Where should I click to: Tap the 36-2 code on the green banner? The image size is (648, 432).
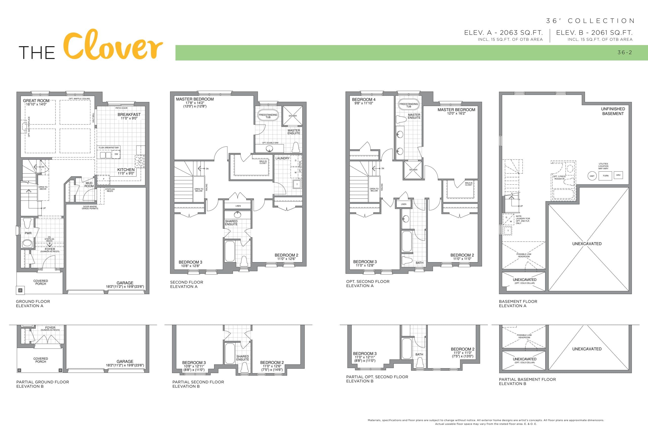tap(624, 52)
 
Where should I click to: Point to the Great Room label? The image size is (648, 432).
tap(36, 101)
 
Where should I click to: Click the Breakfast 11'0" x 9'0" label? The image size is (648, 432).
tap(129, 116)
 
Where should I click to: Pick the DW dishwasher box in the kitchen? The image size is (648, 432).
tap(116, 154)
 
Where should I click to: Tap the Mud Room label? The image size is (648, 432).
tap(89, 184)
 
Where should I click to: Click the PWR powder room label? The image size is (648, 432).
tap(28, 233)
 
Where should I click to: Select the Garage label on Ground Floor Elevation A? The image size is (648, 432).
tap(125, 283)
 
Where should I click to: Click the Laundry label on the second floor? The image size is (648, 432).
tap(282, 158)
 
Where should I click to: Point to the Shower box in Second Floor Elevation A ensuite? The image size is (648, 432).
tap(293, 116)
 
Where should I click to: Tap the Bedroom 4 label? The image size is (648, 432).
tap(364, 100)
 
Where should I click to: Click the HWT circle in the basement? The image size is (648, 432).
tap(592, 176)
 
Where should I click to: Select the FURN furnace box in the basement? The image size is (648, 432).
tap(605, 176)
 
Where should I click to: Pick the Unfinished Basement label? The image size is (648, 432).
tap(613, 111)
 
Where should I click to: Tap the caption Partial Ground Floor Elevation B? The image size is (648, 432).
tap(43, 384)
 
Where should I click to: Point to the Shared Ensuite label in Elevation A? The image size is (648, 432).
tap(231, 223)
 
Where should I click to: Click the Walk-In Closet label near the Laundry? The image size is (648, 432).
tap(263, 162)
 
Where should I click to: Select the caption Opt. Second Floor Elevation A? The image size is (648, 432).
tap(368, 283)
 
